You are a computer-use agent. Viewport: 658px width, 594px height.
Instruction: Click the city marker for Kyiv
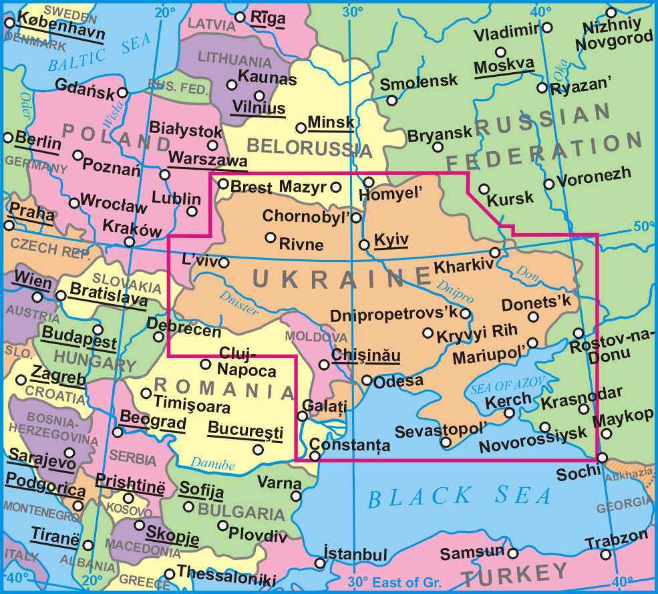[x=364, y=245]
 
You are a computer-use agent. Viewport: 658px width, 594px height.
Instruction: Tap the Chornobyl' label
[x=306, y=216]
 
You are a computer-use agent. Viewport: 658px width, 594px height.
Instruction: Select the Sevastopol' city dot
[x=446, y=442]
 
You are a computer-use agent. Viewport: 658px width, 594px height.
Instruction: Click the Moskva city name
[x=504, y=66]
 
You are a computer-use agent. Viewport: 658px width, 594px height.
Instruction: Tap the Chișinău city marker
[x=324, y=364]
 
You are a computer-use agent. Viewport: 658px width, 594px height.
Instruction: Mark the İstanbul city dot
[x=320, y=563]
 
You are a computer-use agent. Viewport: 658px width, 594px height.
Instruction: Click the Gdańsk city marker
[x=123, y=92]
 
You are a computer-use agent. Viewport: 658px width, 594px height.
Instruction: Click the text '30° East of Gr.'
[x=387, y=581]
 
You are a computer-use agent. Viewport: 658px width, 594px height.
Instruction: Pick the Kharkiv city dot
[x=495, y=253]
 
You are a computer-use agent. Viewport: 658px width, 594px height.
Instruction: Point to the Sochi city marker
[x=602, y=458]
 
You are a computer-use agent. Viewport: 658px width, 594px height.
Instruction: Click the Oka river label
[x=561, y=67]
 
